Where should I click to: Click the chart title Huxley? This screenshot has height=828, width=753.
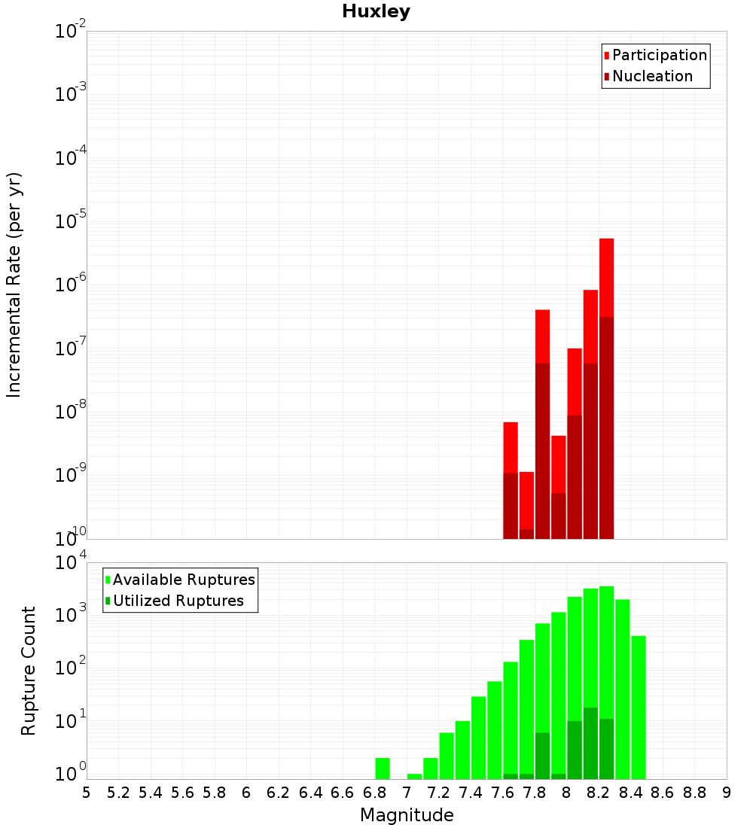(376, 11)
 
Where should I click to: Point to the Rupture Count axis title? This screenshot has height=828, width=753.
(29, 670)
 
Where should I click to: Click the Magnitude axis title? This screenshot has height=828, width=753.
(407, 815)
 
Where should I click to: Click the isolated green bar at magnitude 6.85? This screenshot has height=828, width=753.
(383, 768)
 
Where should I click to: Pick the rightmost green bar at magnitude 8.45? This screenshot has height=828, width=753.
(639, 708)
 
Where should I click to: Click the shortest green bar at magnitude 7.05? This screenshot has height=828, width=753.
(414, 776)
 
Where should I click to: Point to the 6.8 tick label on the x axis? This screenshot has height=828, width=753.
(375, 793)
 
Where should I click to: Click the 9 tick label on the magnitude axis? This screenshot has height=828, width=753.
(727, 793)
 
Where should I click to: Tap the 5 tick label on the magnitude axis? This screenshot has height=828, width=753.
(87, 793)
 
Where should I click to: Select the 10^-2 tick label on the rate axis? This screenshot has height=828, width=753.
(71, 32)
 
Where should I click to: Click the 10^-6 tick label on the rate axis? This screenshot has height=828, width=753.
(71, 285)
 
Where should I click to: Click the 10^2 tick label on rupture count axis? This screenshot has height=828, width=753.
(71, 669)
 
